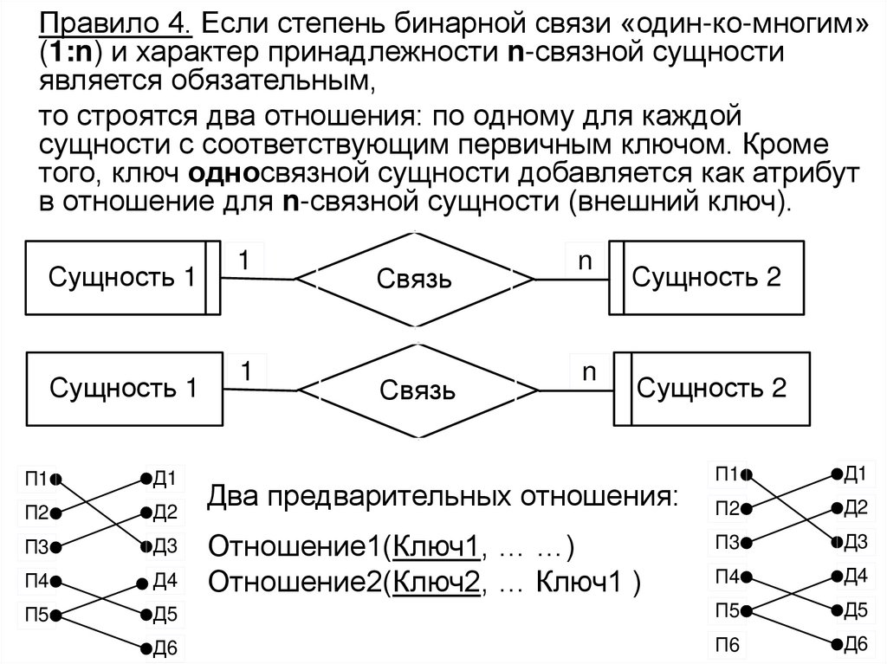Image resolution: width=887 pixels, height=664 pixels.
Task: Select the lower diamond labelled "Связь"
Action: click(x=416, y=390)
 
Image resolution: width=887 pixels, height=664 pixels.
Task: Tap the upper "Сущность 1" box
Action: click(x=121, y=278)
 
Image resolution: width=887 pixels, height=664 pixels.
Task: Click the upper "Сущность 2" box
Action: click(x=707, y=277)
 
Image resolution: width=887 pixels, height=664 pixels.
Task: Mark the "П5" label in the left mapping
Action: click(x=37, y=616)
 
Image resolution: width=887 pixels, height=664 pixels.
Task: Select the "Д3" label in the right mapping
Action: click(x=855, y=542)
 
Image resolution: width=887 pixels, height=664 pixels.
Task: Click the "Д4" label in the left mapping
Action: click(x=165, y=581)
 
